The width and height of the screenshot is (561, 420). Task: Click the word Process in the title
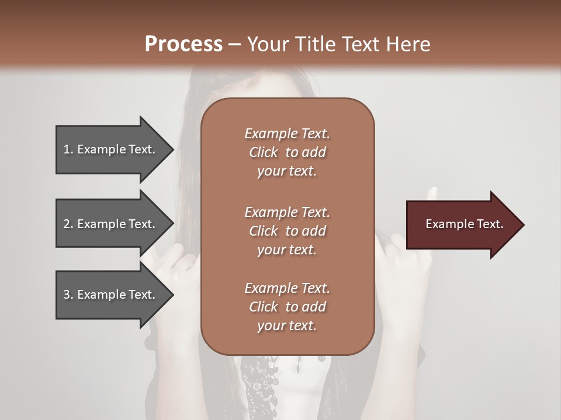pyautogui.click(x=183, y=44)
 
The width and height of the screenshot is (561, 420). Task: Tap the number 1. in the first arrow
pyautogui.click(x=68, y=149)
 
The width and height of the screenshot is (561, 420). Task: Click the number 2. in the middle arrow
pyautogui.click(x=68, y=224)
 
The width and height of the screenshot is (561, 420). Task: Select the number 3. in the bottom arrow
pyautogui.click(x=68, y=295)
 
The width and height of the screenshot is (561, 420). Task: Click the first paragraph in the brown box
pyautogui.click(x=287, y=152)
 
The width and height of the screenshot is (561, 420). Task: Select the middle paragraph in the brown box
pyautogui.click(x=287, y=231)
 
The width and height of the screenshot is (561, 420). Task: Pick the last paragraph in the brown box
pyautogui.click(x=287, y=307)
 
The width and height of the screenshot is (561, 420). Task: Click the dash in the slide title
pyautogui.click(x=234, y=44)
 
